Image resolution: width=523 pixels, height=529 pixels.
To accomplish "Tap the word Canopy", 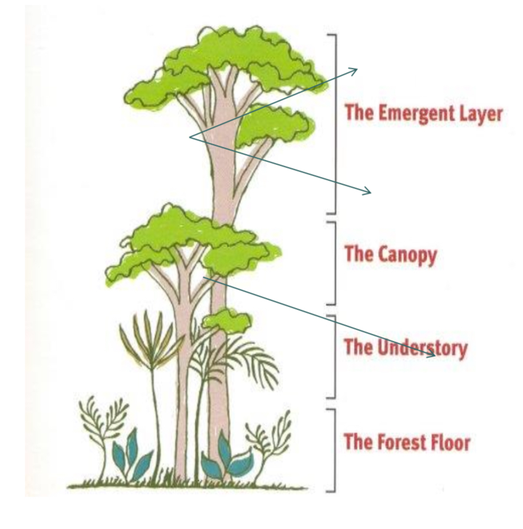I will [407, 255].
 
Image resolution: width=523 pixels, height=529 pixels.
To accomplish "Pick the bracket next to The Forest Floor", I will [334, 449].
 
